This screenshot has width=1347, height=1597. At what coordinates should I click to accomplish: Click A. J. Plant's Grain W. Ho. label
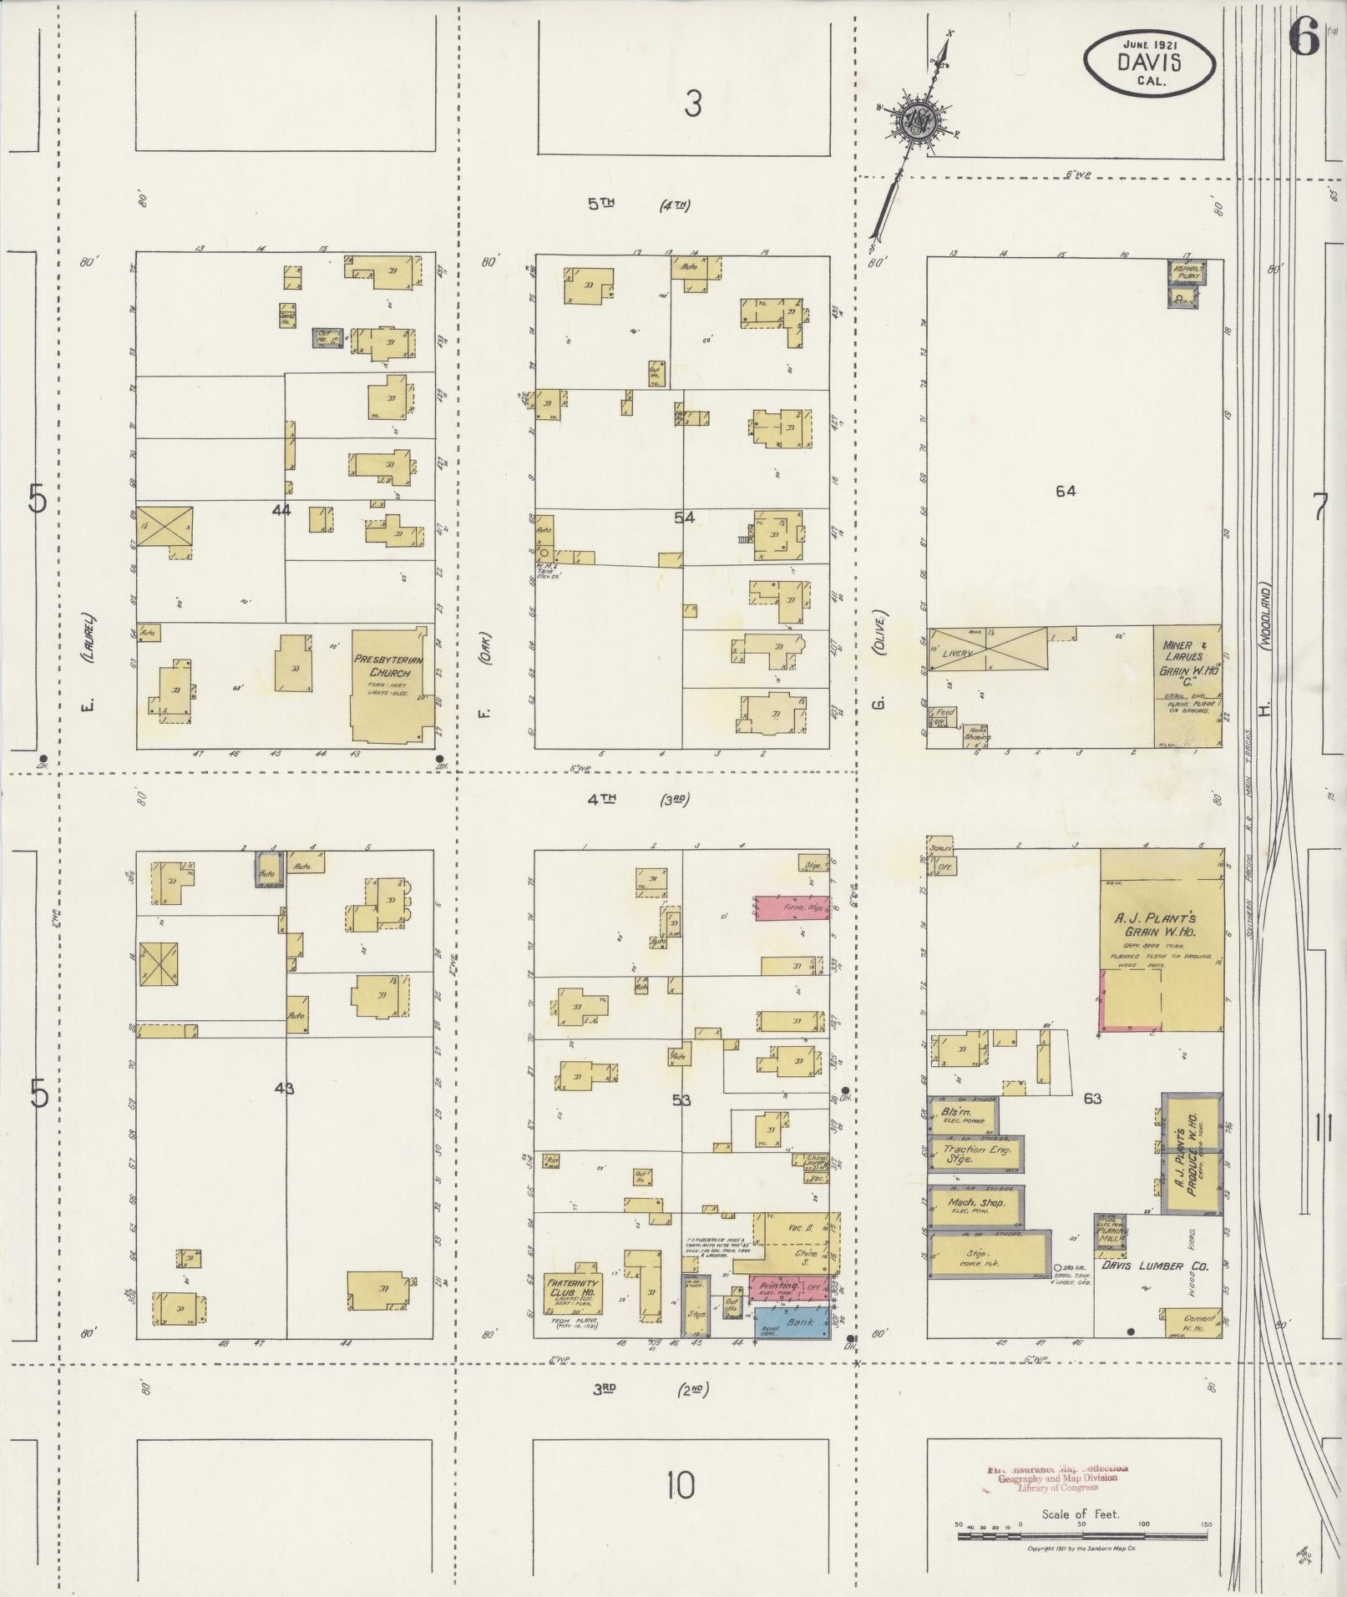tap(1163, 928)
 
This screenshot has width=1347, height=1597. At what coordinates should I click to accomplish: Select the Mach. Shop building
tap(975, 1203)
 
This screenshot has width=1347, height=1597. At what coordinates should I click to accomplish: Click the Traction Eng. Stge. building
tap(975, 1155)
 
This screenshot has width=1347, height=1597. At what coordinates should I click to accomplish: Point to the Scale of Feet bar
tap(1082, 1534)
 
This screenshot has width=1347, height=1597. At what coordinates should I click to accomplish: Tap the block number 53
tap(681, 1100)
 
